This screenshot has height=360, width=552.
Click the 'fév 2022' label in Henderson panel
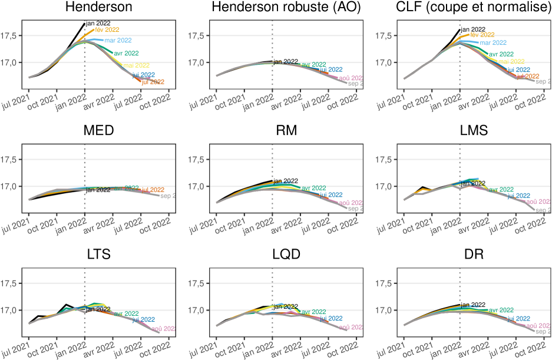point(107,29)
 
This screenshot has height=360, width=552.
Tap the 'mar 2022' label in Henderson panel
point(117,41)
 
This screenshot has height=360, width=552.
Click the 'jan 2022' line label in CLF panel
point(474,29)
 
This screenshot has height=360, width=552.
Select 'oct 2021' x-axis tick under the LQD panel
point(235,348)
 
